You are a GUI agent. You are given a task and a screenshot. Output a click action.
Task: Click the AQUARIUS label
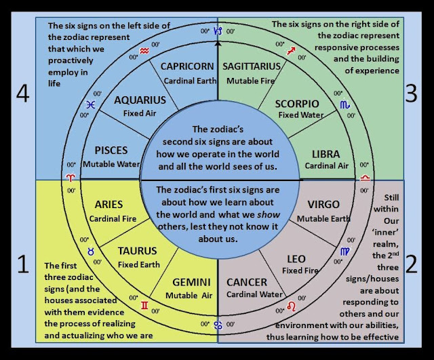click(140, 100)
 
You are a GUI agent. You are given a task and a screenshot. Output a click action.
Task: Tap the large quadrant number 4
click(22, 93)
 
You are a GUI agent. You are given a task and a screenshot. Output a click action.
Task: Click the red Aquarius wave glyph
click(144, 49)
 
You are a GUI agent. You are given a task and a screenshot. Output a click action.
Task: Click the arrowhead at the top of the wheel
click(218, 43)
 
